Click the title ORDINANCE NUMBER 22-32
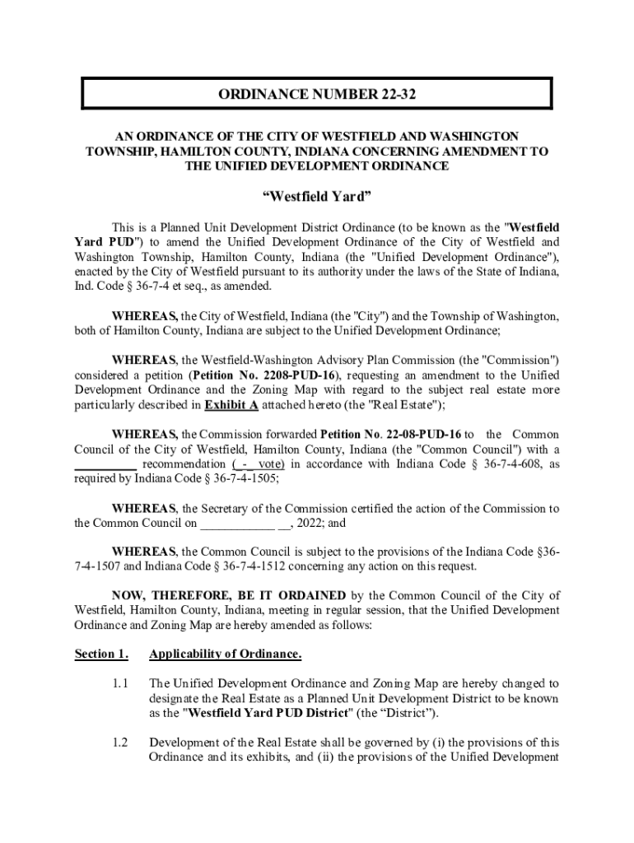pyautogui.click(x=317, y=95)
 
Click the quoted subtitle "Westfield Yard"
pyautogui.click(x=317, y=198)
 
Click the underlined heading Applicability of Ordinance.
pyautogui.click(x=225, y=654)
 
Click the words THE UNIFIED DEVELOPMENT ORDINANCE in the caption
pyautogui.click(x=317, y=166)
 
